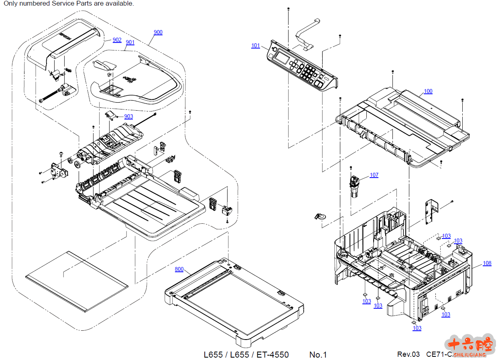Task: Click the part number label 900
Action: tap(158, 32)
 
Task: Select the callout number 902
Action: tap(117, 40)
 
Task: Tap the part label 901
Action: tap(130, 42)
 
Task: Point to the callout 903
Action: tap(128, 116)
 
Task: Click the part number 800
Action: tap(179, 269)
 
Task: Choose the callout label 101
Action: tap(256, 45)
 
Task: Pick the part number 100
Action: tap(428, 91)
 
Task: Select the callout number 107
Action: tap(374, 175)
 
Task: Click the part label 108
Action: tap(487, 263)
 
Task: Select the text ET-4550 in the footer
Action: tap(272, 354)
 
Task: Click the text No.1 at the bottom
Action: tap(318, 354)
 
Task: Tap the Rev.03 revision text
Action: tap(408, 354)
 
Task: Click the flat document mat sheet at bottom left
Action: tap(76, 281)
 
